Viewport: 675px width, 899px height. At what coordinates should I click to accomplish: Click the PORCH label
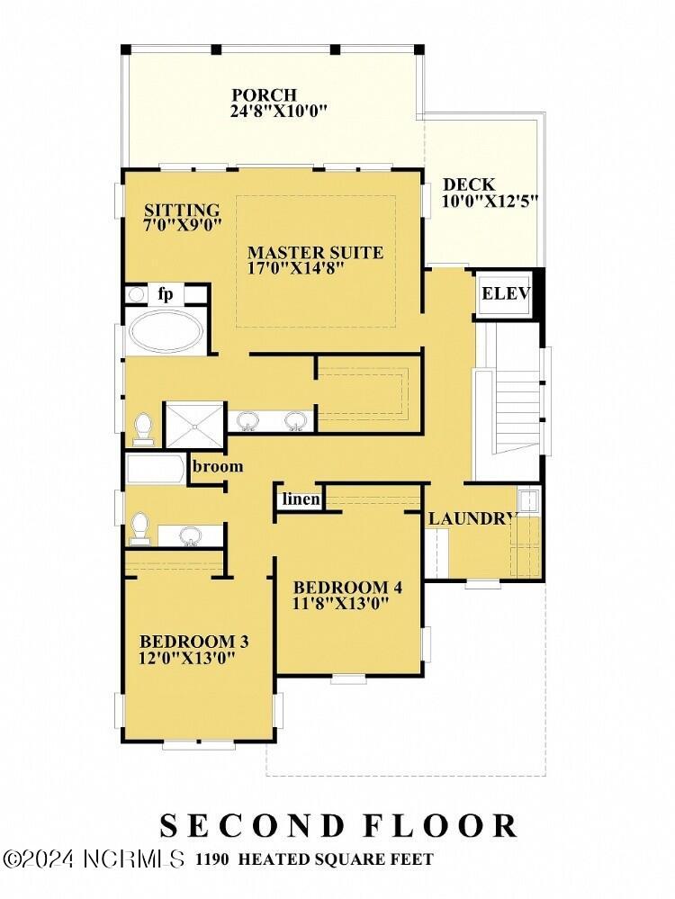click(264, 95)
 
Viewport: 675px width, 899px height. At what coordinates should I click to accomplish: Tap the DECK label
click(469, 184)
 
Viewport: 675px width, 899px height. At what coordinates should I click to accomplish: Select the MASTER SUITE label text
click(315, 253)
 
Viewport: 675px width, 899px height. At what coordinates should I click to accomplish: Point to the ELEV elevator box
click(506, 294)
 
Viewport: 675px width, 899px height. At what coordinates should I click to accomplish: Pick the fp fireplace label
click(166, 293)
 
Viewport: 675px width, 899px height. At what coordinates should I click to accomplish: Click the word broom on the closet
click(218, 466)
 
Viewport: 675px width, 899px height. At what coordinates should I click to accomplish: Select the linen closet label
click(301, 499)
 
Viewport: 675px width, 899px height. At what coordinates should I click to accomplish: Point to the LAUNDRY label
click(471, 518)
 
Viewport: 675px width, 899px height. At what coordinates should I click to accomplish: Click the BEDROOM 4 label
click(347, 588)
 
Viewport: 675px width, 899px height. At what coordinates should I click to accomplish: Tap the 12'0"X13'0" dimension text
click(186, 658)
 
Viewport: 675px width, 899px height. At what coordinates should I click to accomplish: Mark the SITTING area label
click(182, 210)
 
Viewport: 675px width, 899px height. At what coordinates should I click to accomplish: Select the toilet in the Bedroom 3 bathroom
click(139, 527)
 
